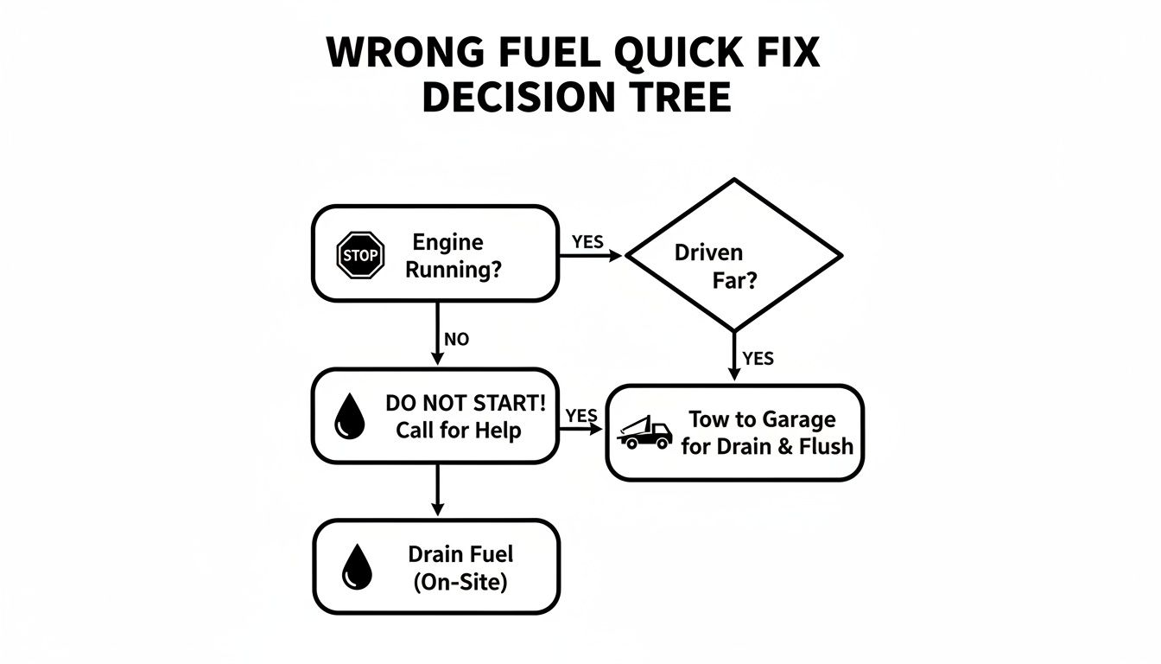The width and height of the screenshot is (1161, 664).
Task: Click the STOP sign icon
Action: [359, 255]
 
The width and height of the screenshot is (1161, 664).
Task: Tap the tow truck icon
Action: [645, 432]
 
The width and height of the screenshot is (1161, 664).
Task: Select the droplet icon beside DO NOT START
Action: [349, 417]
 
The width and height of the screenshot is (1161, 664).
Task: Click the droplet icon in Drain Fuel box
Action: [356, 567]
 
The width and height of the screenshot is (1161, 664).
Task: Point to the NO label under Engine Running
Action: [456, 340]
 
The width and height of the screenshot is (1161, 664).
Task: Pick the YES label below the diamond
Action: [758, 358]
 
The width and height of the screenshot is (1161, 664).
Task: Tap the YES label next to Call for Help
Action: [581, 416]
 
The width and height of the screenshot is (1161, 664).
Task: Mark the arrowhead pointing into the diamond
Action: [616, 256]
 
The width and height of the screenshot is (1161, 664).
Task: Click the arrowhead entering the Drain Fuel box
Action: [437, 510]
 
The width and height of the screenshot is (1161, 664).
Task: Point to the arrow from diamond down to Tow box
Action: [733, 355]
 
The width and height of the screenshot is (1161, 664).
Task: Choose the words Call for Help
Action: [459, 431]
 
